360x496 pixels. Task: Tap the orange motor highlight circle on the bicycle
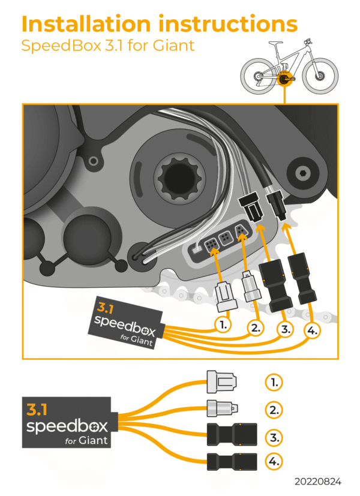pyautogui.click(x=284, y=79)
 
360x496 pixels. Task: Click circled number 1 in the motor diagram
pyautogui.click(x=223, y=324)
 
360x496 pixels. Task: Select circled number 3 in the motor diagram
pyautogui.click(x=283, y=329)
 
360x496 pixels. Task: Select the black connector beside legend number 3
pyautogui.click(x=231, y=435)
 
